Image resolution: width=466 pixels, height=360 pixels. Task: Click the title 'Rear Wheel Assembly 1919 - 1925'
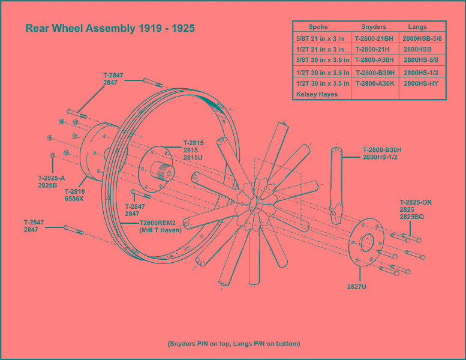click(x=110, y=28)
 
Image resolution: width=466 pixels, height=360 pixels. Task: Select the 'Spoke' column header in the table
click(x=318, y=27)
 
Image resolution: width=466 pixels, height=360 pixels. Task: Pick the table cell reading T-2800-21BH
click(x=374, y=38)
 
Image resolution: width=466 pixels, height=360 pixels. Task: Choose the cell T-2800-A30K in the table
click(x=374, y=83)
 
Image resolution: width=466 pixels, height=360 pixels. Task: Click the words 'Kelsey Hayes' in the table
click(x=316, y=94)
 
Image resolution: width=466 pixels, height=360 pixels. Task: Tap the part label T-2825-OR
click(x=416, y=202)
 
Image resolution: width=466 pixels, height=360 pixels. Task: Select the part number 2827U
click(x=356, y=287)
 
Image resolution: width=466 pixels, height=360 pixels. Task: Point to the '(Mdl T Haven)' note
click(x=160, y=230)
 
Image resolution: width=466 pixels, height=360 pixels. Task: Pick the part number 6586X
click(x=74, y=199)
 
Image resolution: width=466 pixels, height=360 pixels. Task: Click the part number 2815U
click(x=193, y=157)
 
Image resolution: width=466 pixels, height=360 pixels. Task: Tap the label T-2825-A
click(x=52, y=178)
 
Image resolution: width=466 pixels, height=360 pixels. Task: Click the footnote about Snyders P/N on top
click(x=233, y=344)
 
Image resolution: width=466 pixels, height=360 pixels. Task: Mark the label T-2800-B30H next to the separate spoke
click(x=382, y=149)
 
